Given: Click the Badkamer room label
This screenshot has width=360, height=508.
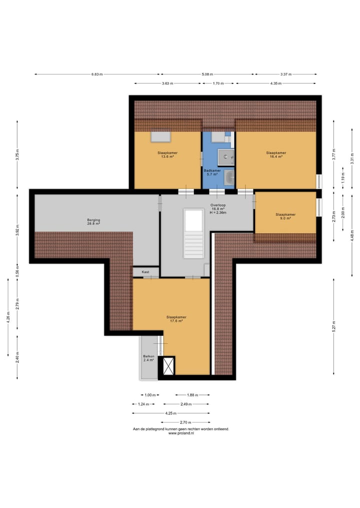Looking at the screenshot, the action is point(212,172).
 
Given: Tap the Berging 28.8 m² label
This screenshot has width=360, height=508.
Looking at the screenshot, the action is point(93,222).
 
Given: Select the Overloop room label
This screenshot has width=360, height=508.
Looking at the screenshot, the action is point(218,209).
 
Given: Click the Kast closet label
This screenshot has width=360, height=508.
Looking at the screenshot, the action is point(145,272).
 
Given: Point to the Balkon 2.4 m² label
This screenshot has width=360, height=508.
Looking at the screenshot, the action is point(148,358).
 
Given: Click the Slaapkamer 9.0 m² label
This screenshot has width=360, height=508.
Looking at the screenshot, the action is point(285,216).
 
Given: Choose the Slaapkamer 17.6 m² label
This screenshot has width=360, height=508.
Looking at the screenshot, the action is point(176,319).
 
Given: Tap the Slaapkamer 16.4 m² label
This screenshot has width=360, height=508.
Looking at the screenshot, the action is point(276,154).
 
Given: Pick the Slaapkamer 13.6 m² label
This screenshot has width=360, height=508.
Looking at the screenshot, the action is point(167,154).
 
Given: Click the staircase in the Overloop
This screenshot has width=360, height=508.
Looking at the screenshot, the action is point(193,233).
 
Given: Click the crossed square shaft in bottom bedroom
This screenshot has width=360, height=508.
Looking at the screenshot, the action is point(168,366).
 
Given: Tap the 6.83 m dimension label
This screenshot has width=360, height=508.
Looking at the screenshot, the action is point(97,74).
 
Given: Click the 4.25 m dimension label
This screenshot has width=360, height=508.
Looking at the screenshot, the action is point(170,413).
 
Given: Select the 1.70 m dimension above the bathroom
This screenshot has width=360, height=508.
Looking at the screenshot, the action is point(218,83).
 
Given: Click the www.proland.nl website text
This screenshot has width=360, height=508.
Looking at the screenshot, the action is point(181,433).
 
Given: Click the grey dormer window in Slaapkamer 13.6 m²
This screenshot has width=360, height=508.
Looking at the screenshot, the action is point(160,137).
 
